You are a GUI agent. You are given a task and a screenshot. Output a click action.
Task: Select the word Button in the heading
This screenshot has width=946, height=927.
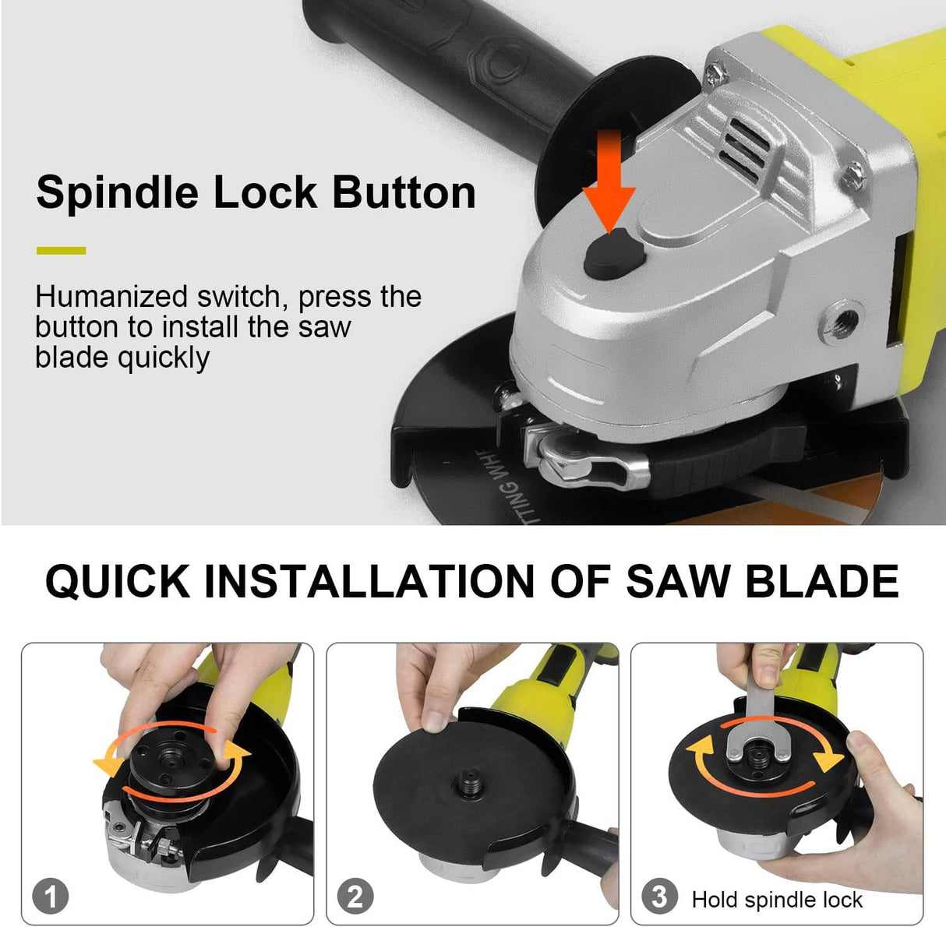[404, 192]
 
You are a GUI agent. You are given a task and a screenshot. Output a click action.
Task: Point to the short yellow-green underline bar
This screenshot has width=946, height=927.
[61, 251]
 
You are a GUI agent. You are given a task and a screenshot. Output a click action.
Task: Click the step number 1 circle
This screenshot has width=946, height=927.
[50, 896]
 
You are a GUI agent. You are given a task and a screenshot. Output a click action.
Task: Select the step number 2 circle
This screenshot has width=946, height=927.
[355, 896]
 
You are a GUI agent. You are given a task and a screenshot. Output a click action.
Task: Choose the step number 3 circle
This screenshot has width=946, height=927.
[659, 896]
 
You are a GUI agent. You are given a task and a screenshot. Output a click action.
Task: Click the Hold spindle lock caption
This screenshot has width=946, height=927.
[776, 901]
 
